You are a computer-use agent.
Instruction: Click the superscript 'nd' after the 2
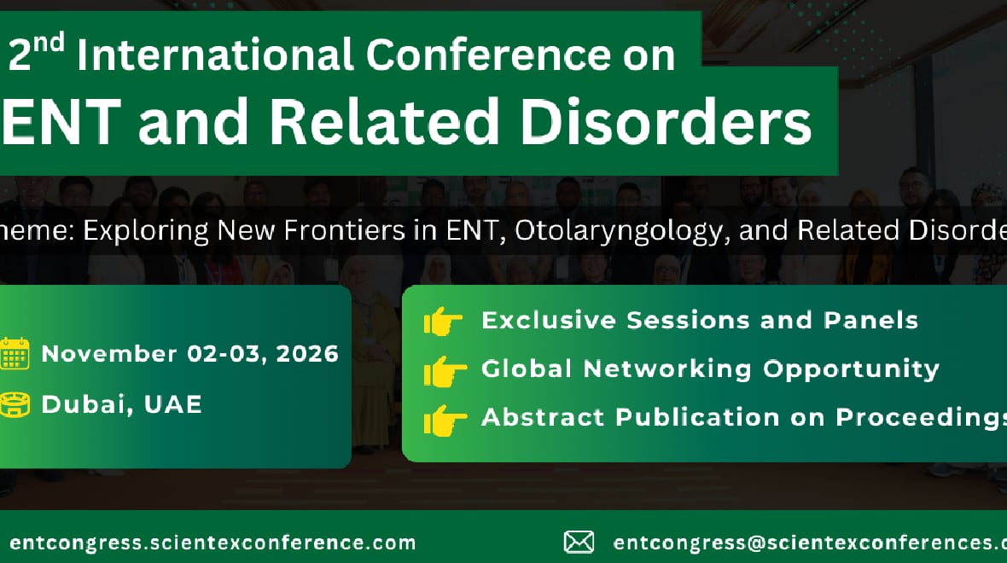(49, 44)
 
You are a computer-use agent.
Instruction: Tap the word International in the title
(215, 55)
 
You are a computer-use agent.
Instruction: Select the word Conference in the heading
(488, 55)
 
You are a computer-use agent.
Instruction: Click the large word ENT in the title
(61, 121)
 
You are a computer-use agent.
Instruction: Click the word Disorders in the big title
(666, 121)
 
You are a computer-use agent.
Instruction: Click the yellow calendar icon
(15, 353)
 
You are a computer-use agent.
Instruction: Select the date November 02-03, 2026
(190, 354)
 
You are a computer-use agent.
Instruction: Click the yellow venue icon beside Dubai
(15, 404)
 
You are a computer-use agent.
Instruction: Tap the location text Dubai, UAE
(122, 404)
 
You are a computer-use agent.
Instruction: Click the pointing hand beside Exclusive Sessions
(443, 321)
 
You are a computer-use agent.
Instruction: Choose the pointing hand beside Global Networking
(445, 371)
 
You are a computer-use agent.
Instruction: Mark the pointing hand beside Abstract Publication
(445, 421)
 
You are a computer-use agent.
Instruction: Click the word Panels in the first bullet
(870, 320)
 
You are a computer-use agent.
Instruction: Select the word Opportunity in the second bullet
(851, 369)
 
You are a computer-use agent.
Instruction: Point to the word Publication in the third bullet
(697, 417)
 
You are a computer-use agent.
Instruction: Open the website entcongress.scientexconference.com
(212, 543)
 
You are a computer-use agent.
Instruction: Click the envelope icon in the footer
(579, 543)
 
